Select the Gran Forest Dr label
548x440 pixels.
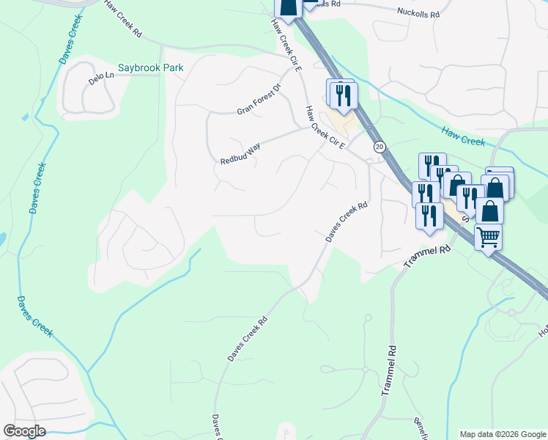click(x=259, y=100)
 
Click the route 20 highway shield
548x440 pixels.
click(x=379, y=147)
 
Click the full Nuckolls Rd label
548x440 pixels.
click(x=418, y=13)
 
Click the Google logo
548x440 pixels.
click(x=24, y=431)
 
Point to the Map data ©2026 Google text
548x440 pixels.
click(x=502, y=434)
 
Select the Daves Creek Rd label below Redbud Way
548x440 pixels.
click(x=345, y=223)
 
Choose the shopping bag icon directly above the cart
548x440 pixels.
click(x=489, y=210)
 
